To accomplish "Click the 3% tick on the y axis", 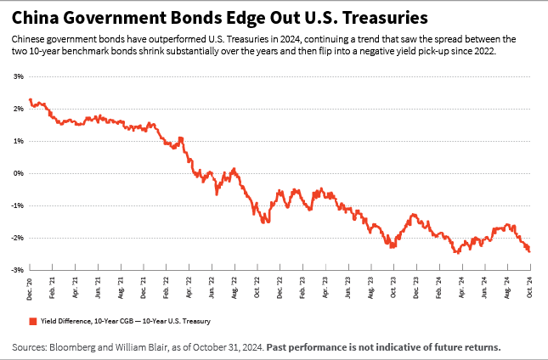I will click(x=17, y=76).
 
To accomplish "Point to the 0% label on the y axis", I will click(x=17, y=173).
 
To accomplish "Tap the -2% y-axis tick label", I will click(x=16, y=238).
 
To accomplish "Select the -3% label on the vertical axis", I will click(x=16, y=270).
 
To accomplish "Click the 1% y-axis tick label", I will click(x=17, y=141).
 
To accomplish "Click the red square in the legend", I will click(x=32, y=321).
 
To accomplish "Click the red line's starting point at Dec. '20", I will click(x=31, y=100).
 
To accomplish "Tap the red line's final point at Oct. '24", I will click(x=530, y=251).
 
